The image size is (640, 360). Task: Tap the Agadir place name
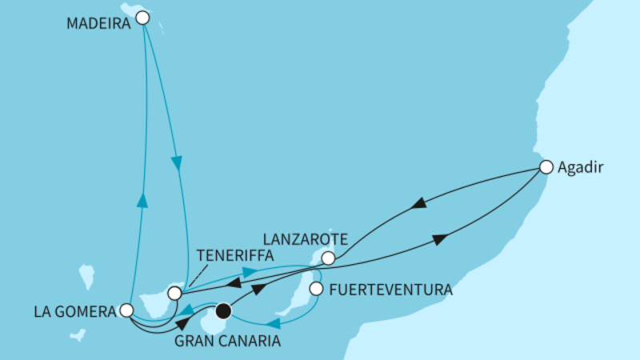(580, 168)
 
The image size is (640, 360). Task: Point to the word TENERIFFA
(234, 256)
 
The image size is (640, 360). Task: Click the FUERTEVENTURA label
(390, 289)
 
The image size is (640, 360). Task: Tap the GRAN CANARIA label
(228, 342)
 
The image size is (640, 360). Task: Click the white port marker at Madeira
(142, 17)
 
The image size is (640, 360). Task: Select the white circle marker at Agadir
(546, 167)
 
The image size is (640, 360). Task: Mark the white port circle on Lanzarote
(327, 258)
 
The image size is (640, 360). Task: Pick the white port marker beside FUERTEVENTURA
(317, 289)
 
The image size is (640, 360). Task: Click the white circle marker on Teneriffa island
(174, 294)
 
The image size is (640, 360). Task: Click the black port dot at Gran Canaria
(224, 310)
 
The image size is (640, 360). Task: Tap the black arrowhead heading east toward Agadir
(440, 239)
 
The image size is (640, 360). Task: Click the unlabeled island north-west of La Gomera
(87, 277)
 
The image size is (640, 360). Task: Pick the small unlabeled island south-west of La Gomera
(77, 335)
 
